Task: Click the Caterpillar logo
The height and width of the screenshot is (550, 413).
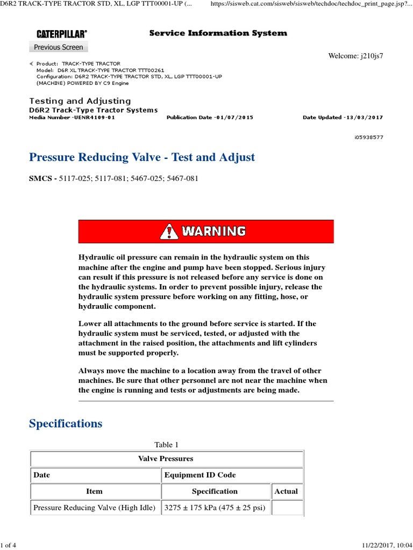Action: pos(61,34)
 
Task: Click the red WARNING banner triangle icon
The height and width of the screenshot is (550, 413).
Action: pos(169,231)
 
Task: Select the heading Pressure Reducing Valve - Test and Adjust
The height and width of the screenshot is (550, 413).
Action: pos(142,157)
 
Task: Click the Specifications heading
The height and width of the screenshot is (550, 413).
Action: pos(66,424)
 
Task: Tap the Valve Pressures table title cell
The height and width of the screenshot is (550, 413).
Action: pos(166,459)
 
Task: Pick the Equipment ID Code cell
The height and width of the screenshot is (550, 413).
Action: pos(200,475)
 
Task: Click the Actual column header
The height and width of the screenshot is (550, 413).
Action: pos(286,491)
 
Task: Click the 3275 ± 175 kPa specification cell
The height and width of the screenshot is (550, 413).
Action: pos(215,508)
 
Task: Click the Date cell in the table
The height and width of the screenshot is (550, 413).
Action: pos(41,475)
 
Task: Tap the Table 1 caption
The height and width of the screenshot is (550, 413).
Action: pos(167,445)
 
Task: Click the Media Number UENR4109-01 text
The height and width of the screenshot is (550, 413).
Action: pos(72,117)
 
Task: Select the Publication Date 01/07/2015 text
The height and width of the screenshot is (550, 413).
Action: pos(210,117)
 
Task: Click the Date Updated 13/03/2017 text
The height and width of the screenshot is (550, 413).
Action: pos(343,117)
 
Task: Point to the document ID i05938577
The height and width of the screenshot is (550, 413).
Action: pos(368,137)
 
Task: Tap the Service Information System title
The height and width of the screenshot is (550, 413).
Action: pos(218,33)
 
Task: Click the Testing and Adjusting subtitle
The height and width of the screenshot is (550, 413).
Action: pos(80,101)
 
